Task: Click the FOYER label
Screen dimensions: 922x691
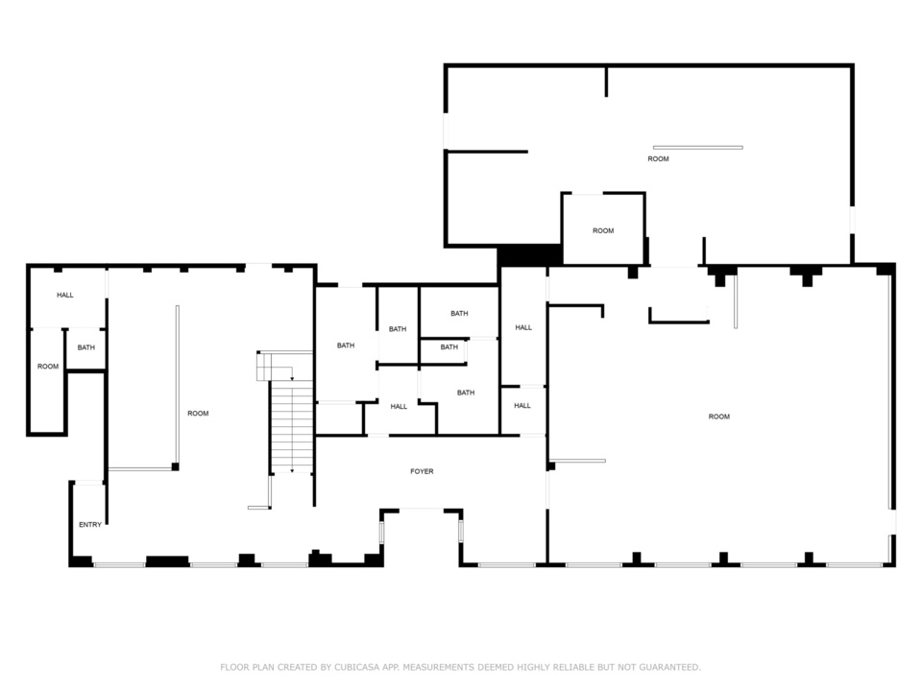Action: [422, 471]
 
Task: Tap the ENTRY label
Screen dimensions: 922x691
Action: [90, 525]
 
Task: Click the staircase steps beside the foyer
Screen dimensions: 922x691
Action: [291, 426]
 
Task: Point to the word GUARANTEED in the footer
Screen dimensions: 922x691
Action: [669, 667]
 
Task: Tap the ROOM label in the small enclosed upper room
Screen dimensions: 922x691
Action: [603, 231]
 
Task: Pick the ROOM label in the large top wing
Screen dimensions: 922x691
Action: [658, 158]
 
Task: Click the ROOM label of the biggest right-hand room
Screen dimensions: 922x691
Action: [719, 417]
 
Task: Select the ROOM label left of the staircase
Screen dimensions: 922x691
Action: [198, 414]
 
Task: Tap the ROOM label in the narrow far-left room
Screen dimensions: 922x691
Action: [48, 367]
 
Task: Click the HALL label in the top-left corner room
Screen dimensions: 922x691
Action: [65, 295]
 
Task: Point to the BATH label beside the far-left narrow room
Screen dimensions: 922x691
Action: [85, 347]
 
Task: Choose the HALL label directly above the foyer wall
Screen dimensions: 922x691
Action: [399, 407]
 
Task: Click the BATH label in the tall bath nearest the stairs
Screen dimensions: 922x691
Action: [346, 345]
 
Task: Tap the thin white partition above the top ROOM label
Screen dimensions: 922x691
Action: [698, 148]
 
